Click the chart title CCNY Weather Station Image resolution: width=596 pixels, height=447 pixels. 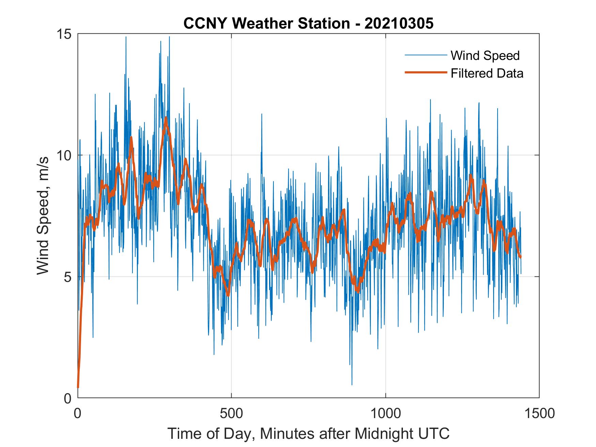tap(266, 23)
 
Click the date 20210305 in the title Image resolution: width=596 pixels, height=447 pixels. tap(399, 23)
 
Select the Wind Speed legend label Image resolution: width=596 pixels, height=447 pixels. tap(485, 55)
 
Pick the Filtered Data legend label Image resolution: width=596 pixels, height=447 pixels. tap(487, 73)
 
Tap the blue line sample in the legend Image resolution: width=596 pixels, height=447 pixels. tap(425, 55)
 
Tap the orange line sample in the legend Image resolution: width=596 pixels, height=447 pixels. tap(425, 73)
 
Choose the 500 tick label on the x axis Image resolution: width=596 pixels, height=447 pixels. tap(231, 413)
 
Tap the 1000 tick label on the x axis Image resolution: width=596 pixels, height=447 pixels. tap(386, 413)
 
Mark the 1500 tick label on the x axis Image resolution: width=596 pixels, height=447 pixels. tap(539, 413)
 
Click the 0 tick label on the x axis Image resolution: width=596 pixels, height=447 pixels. tap(78, 413)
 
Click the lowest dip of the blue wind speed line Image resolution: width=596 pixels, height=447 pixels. tap(352, 385)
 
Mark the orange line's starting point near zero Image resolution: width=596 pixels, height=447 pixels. tap(78, 387)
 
